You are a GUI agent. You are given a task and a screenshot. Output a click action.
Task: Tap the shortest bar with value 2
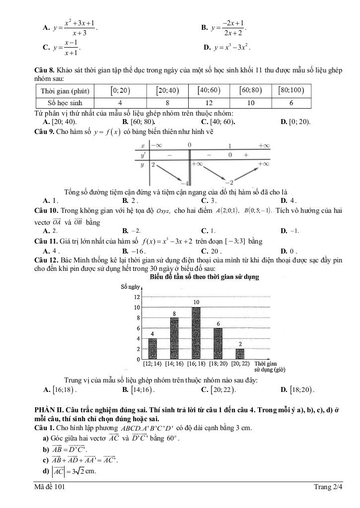click(240, 354)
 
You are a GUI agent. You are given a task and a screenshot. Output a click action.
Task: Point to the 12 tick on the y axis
click(136, 297)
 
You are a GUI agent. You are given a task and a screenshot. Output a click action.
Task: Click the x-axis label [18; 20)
click(218, 364)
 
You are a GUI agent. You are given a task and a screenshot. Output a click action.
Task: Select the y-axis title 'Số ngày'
click(131, 287)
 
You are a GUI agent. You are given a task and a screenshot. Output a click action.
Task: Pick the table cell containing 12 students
click(209, 103)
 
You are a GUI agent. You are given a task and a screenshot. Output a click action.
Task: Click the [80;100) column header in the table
click(291, 91)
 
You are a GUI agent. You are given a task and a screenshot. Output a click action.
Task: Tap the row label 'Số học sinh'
click(65, 103)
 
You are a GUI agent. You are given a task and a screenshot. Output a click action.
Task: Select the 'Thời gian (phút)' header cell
click(65, 91)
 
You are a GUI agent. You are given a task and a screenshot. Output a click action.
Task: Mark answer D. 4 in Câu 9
click(288, 200)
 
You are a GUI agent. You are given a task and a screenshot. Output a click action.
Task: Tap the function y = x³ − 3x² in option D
click(232, 48)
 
